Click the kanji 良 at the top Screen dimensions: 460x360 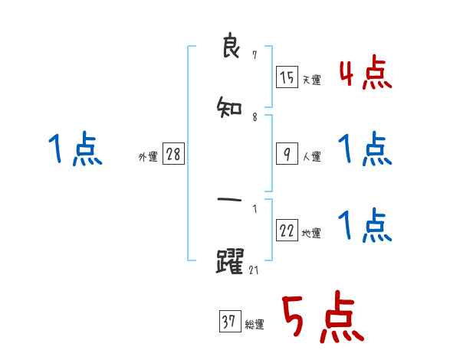(230, 47)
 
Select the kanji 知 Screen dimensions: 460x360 (230, 107)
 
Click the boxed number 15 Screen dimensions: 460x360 (287, 77)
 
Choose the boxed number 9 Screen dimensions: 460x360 (287, 154)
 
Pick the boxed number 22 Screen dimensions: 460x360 (287, 231)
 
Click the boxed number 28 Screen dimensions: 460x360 (172, 155)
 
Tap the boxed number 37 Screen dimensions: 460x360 (228, 322)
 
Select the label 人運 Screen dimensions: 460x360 (311, 157)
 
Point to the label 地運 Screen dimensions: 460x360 (311, 234)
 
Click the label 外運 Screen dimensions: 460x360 (148, 157)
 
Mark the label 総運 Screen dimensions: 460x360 (254, 325)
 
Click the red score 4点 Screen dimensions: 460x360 (365, 74)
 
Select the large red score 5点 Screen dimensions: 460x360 (321, 318)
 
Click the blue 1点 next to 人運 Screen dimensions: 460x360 (365, 149)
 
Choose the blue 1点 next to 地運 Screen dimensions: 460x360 (365, 225)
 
